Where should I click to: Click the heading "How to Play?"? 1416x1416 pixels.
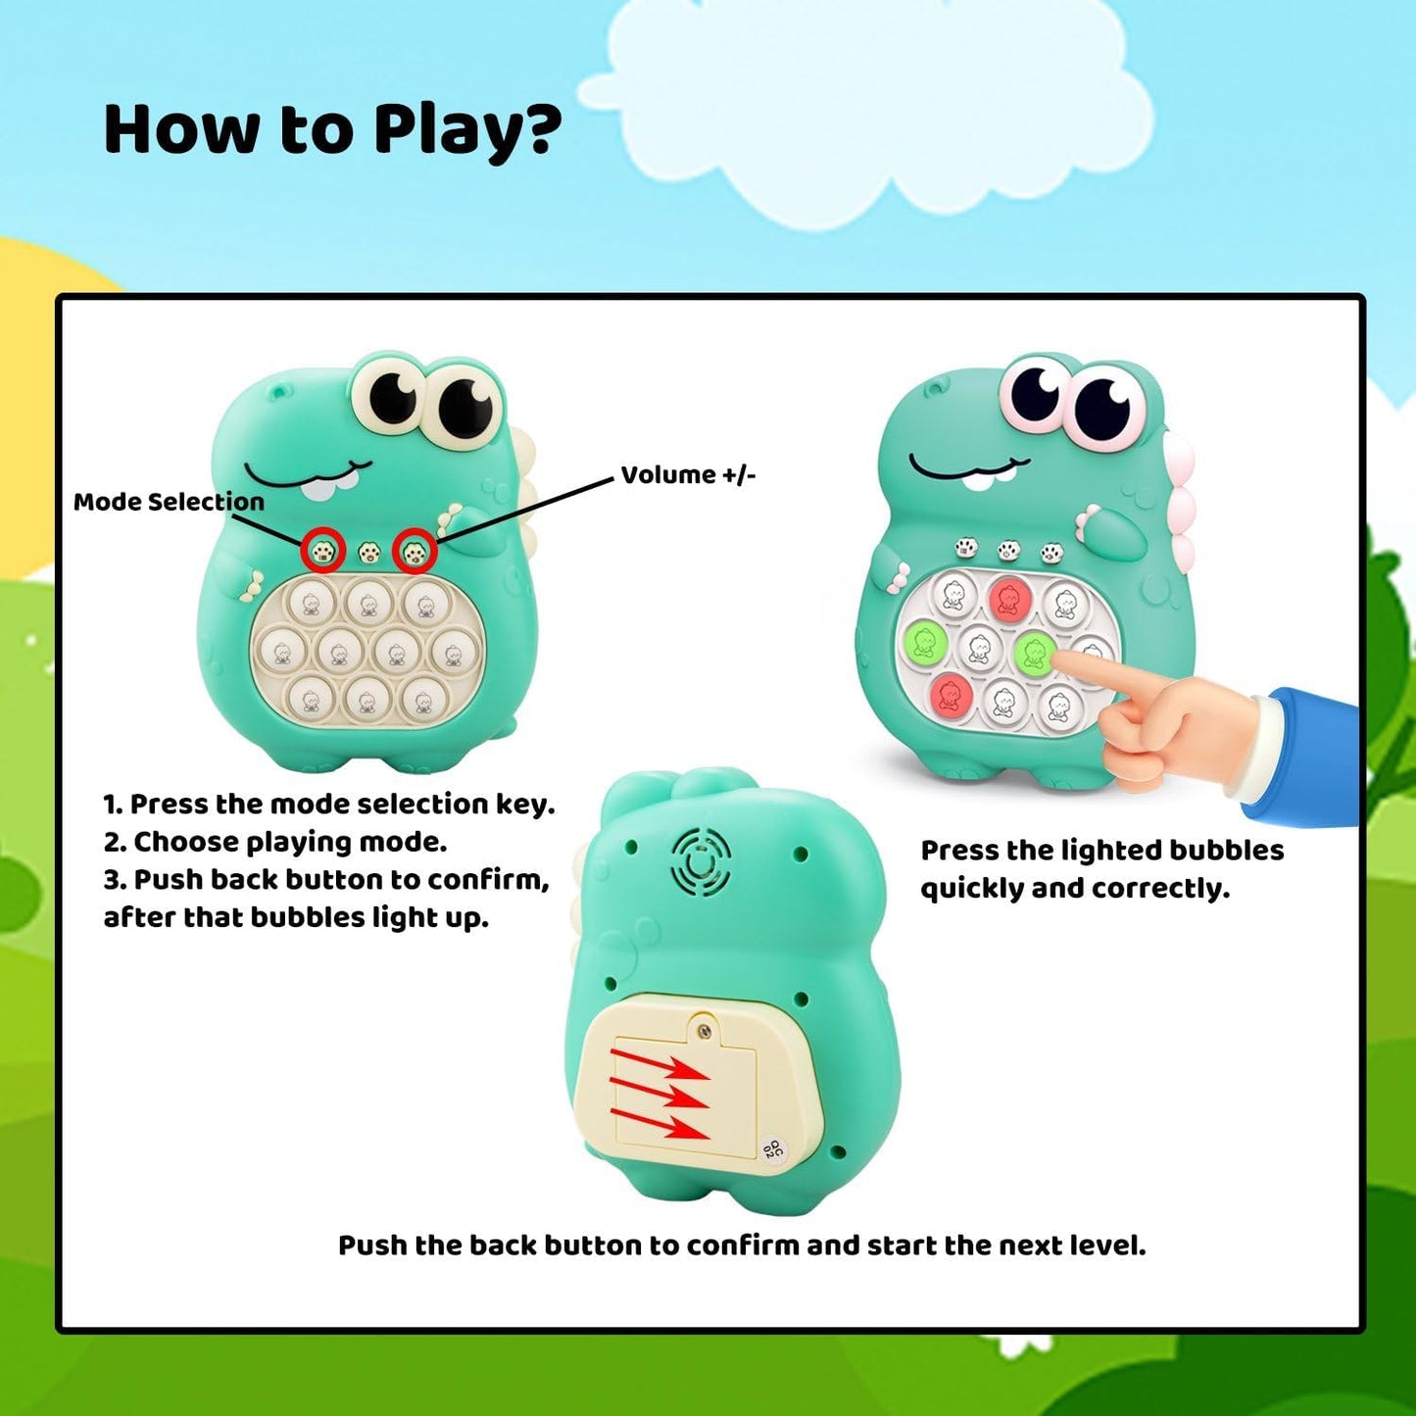click(x=332, y=130)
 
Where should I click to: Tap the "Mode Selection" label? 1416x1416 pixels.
click(x=169, y=502)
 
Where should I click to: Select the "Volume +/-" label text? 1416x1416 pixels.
click(x=688, y=475)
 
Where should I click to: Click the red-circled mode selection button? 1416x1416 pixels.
click(x=323, y=551)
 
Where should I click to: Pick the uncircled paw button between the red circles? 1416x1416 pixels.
click(x=368, y=553)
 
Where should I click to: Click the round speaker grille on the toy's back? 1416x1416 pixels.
click(x=701, y=862)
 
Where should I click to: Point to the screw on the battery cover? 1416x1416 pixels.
click(x=703, y=1030)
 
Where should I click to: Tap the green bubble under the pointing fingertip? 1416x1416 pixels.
click(x=1033, y=651)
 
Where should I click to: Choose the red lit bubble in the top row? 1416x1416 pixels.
click(x=1008, y=598)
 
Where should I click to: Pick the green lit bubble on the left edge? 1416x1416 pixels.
click(x=924, y=642)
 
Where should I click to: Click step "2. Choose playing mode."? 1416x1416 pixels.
click(x=275, y=842)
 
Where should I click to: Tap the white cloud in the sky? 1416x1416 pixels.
click(x=862, y=108)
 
